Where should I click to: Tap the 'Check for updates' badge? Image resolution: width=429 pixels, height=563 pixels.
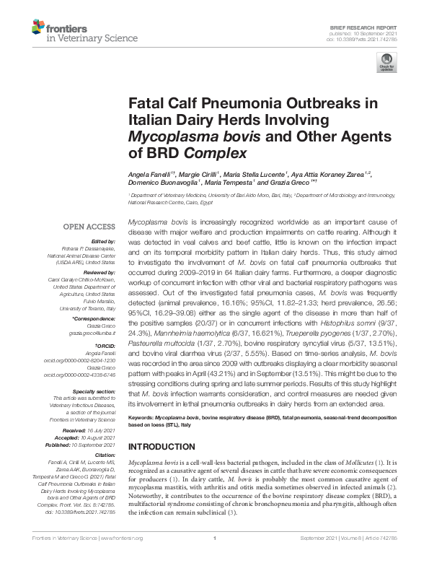click(387, 63)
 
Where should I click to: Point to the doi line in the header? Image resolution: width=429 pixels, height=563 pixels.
click(377, 38)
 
